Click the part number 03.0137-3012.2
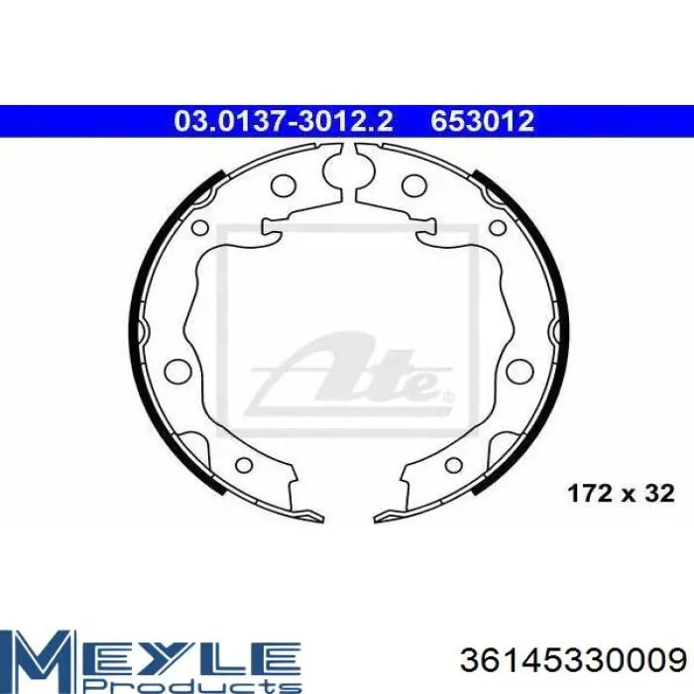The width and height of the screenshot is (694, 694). [x=284, y=121]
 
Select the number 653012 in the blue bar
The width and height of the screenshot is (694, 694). [x=483, y=121]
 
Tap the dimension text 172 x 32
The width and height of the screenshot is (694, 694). [x=621, y=493]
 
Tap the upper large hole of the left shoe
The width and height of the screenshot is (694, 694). [x=284, y=185]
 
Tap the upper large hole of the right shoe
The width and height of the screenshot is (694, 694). [x=414, y=185]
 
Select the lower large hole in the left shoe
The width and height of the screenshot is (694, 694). [x=177, y=371]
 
